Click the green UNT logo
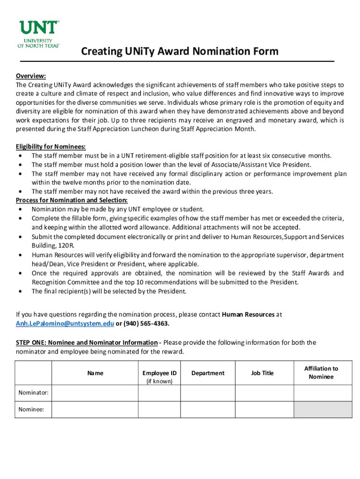click(39, 34)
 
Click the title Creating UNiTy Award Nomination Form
click(180, 51)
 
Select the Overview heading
click(31, 76)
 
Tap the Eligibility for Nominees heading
click(51, 146)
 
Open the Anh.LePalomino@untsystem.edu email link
click(65, 324)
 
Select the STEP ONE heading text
click(86, 342)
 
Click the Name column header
click(95, 373)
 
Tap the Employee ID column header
click(159, 373)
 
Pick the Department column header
click(208, 373)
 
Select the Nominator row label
click(33, 393)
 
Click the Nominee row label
click(31, 409)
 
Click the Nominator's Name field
click(95, 393)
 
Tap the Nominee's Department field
click(208, 409)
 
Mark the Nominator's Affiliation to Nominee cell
click(323, 393)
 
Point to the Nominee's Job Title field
click(264, 409)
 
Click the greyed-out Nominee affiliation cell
click(323, 409)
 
